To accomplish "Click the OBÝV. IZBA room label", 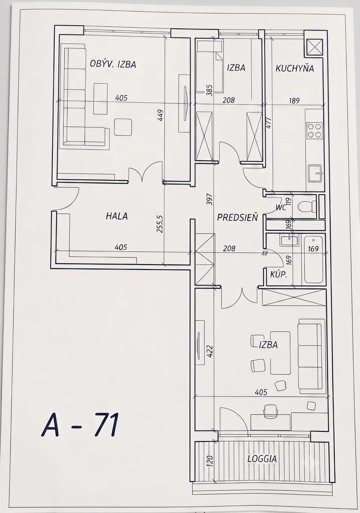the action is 113,64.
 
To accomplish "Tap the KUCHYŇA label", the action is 294,68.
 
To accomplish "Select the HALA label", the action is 116,216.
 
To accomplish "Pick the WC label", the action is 281,208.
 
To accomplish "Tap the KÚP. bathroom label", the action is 278,274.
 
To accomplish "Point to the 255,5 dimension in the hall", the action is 160,224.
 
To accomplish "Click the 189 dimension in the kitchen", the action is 294,100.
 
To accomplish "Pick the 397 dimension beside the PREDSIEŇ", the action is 210,199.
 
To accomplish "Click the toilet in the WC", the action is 308,205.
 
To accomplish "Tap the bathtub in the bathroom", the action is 313,260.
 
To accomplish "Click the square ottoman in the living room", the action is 123,127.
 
